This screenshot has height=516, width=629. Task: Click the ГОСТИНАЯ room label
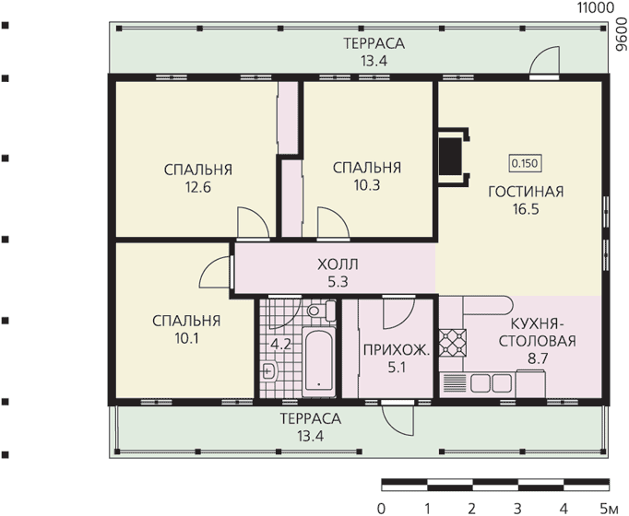pos(526,192)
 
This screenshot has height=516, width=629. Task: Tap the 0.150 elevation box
pos(525,163)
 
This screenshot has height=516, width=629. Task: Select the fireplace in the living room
pos(454,157)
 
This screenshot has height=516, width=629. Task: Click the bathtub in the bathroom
pos(318,361)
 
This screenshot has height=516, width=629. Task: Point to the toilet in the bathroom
pos(322,311)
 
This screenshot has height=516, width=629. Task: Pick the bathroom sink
pos(268,370)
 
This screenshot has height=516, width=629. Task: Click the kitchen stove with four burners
pos(452,343)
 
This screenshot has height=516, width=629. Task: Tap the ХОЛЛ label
pos(338,264)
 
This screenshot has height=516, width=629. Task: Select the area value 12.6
pos(197,187)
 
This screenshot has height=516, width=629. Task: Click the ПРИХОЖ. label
pos(397,350)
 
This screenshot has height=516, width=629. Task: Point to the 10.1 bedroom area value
pos(186,338)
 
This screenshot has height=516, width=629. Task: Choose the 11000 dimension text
pos(595,7)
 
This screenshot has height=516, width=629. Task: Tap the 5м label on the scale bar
pos(610,509)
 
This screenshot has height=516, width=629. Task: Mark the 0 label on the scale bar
pos(382,509)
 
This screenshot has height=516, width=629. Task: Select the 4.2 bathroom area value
pos(280,344)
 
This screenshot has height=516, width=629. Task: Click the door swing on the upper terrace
pos(544,61)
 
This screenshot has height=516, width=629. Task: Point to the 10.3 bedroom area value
pos(367,185)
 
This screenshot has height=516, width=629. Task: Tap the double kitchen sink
pos(491,383)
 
